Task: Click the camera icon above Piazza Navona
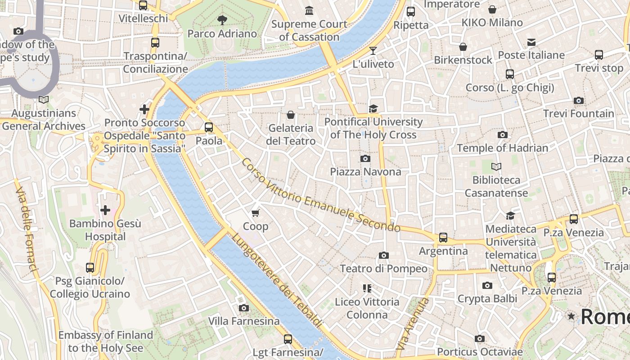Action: coord(365,158)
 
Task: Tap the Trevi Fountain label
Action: coord(578,113)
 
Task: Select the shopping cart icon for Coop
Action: coord(256,212)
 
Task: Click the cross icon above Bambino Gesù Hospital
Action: coord(105,210)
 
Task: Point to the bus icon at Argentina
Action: coord(443,237)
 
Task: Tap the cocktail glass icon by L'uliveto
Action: coord(373,50)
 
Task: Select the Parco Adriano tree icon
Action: coord(222,19)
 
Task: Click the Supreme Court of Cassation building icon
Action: coord(309,10)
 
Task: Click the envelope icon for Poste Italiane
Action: coord(531,42)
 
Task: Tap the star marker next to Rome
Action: coord(571,316)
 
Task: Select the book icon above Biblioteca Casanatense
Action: coord(496,167)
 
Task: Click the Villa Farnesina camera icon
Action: coord(244,308)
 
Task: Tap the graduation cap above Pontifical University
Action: coord(373,108)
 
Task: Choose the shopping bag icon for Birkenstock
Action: coord(463,47)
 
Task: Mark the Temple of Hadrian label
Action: coord(502,148)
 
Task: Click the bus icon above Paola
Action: coord(209,127)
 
